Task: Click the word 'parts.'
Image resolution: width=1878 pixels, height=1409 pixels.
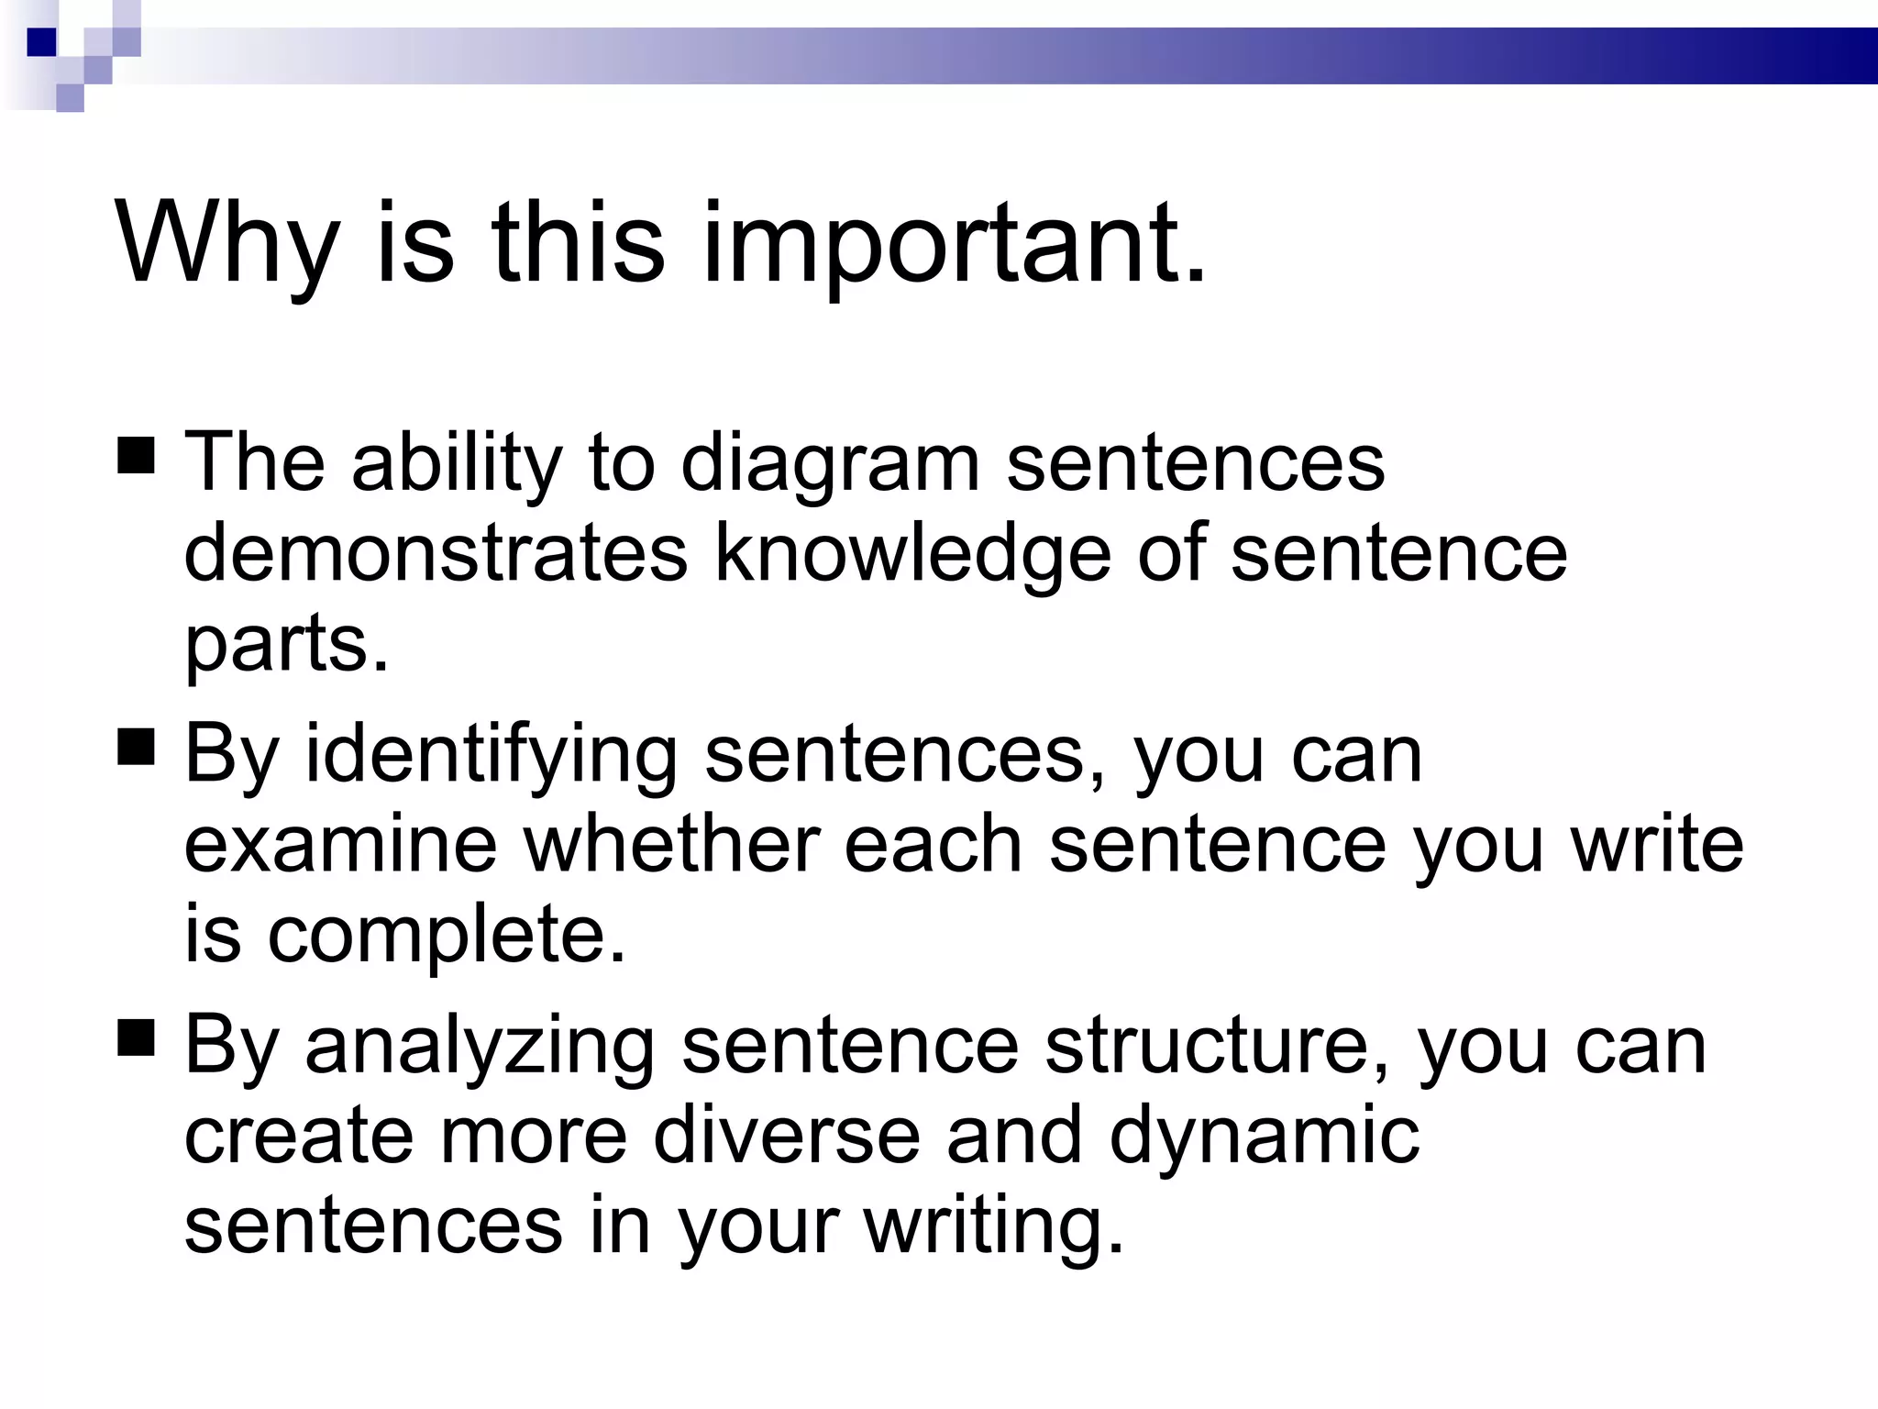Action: [287, 644]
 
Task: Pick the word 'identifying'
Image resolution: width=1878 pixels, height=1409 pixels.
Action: [491, 756]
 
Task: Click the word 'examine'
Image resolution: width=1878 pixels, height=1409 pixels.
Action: [340, 845]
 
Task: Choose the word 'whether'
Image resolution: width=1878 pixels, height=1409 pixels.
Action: [671, 845]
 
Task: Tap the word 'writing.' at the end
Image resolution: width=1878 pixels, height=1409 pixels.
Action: [994, 1227]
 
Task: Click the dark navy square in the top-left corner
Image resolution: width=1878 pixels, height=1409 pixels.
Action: [41, 42]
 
